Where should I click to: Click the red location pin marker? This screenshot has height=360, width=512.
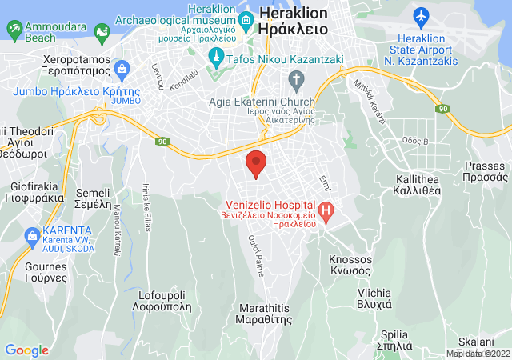click(256, 163)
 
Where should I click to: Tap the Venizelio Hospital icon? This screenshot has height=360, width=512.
click(326, 212)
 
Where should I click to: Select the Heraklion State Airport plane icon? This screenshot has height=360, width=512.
click(422, 15)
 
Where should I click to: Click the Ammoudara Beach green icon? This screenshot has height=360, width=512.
click(15, 30)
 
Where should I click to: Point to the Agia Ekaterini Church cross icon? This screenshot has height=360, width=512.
click(297, 80)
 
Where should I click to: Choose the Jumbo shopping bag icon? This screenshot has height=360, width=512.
click(122, 70)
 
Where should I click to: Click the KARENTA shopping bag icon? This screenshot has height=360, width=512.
click(32, 237)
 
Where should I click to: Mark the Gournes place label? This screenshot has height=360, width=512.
click(25, 271)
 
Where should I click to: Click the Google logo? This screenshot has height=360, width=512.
click(26, 350)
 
